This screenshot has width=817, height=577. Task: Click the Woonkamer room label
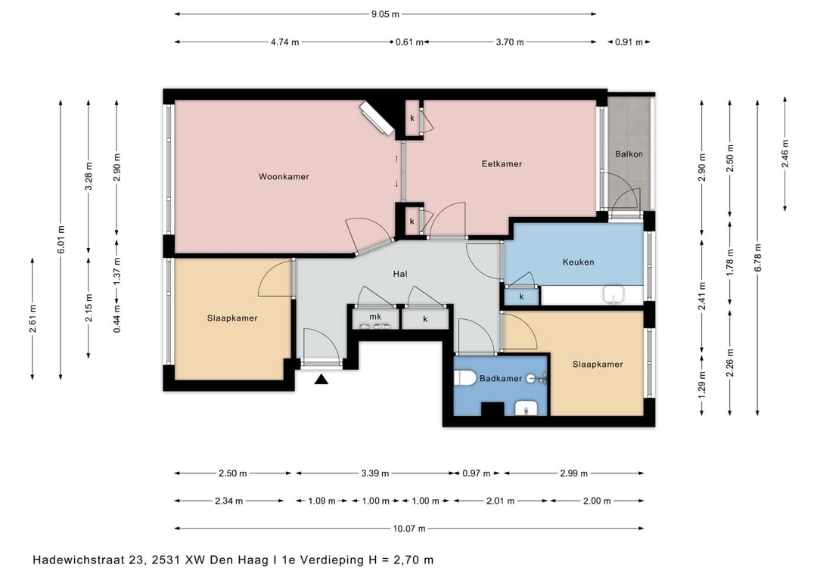pyautogui.click(x=284, y=176)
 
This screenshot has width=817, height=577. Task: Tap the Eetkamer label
pyautogui.click(x=502, y=163)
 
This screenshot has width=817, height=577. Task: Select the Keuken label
pyautogui.click(x=579, y=262)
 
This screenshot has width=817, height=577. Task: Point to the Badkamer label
pyautogui.click(x=501, y=379)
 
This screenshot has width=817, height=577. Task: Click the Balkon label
pyautogui.click(x=629, y=154)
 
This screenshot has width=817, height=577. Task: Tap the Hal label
pyautogui.click(x=400, y=274)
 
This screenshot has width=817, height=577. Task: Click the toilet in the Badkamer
pyautogui.click(x=463, y=379)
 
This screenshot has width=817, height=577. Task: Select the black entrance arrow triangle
pyautogui.click(x=322, y=380)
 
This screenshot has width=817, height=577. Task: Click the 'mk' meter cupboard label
pyautogui.click(x=375, y=317)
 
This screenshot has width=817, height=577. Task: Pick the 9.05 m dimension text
pyautogui.click(x=386, y=14)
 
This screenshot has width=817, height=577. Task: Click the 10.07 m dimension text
pyautogui.click(x=409, y=529)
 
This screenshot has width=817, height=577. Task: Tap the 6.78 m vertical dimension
pyautogui.click(x=757, y=258)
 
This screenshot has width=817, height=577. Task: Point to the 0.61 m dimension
pyautogui.click(x=409, y=42)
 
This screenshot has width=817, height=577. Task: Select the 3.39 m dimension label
pyautogui.click(x=375, y=473)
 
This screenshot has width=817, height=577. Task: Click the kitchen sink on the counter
pyautogui.click(x=614, y=294)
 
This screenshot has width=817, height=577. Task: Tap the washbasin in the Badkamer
pyautogui.click(x=526, y=409)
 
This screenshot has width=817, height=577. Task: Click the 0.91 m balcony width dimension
pyautogui.click(x=629, y=42)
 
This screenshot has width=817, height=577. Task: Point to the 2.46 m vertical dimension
pyautogui.click(x=785, y=154)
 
